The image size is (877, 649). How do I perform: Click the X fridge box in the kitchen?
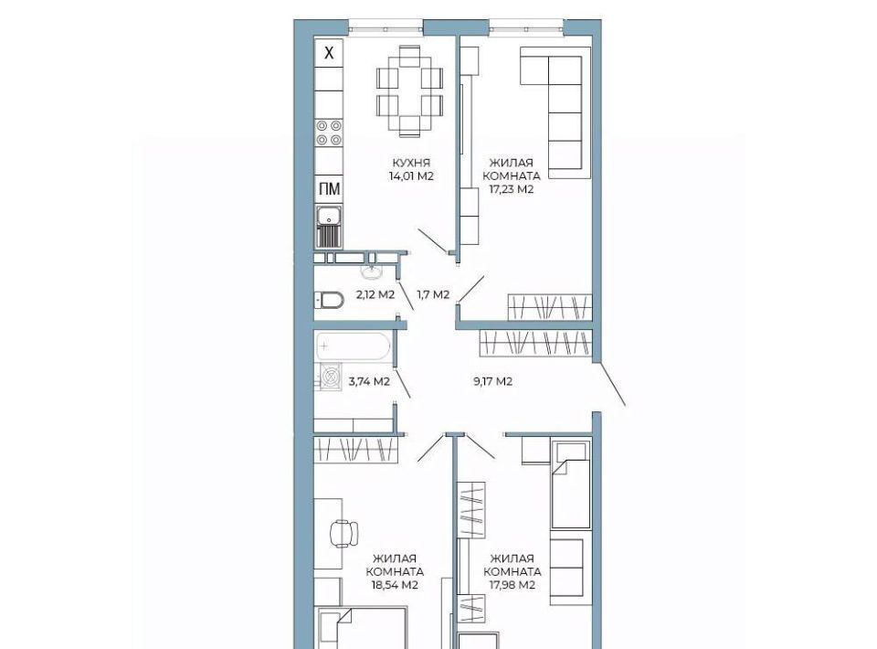329,53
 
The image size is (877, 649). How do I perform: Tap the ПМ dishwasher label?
329,189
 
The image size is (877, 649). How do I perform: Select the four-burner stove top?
329,133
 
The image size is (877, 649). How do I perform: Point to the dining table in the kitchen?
410,90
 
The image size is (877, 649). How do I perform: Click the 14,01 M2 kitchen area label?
411,176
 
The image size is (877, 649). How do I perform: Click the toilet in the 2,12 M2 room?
329,301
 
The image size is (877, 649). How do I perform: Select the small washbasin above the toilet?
371,272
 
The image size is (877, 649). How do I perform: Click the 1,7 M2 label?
433,294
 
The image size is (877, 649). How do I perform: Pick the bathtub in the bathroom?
353,346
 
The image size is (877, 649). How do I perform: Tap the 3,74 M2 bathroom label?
369,382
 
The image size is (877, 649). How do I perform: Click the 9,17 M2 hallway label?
492,382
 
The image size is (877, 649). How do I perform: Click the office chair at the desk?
344,533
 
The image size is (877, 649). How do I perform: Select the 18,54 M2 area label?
395,585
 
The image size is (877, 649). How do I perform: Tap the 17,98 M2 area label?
512,585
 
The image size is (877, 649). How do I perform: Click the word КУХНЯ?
411,164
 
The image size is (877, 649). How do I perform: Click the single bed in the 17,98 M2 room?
570,485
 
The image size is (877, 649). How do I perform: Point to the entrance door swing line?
612,384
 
